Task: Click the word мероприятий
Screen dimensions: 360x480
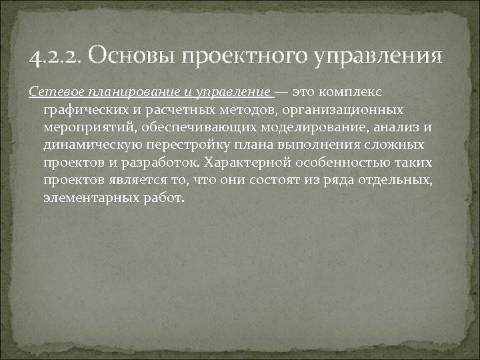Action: (87, 127)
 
